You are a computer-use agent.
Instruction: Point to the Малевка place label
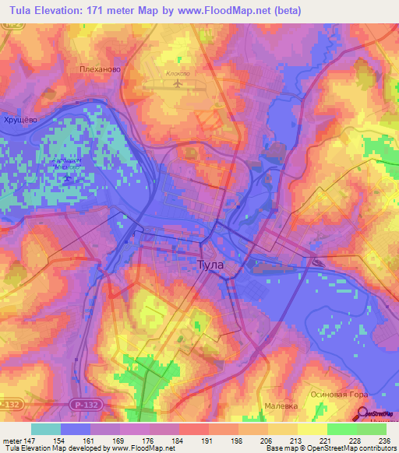pyautogui.click(x=281, y=405)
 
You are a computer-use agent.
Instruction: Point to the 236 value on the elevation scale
pyautogui.click(x=382, y=440)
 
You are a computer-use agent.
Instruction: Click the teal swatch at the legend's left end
pyautogui.click(x=46, y=429)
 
